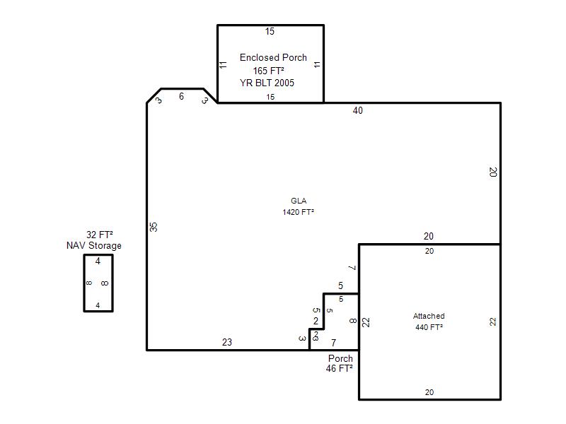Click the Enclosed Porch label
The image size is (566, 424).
(x=273, y=58)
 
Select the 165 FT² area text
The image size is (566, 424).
(x=268, y=71)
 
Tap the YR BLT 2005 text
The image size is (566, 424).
(x=267, y=83)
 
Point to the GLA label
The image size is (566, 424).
(x=299, y=201)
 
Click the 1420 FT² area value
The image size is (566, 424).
(x=298, y=212)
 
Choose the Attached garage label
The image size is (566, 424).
(x=429, y=316)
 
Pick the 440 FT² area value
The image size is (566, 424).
(x=429, y=327)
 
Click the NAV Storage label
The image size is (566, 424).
(x=94, y=246)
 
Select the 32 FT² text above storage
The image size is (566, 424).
(x=100, y=235)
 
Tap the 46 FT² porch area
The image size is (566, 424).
(x=340, y=368)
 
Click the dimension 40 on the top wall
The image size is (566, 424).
(x=358, y=111)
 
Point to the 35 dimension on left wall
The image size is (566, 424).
(x=154, y=227)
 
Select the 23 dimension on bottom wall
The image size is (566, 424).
(x=227, y=342)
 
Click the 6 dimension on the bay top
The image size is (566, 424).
(x=181, y=96)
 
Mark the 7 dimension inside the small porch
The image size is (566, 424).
(x=333, y=343)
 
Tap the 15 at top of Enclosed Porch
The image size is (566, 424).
(x=270, y=31)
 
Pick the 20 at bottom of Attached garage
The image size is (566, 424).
(x=429, y=392)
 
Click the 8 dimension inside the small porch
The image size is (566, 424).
(x=353, y=321)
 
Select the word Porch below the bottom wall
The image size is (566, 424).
(x=340, y=358)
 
